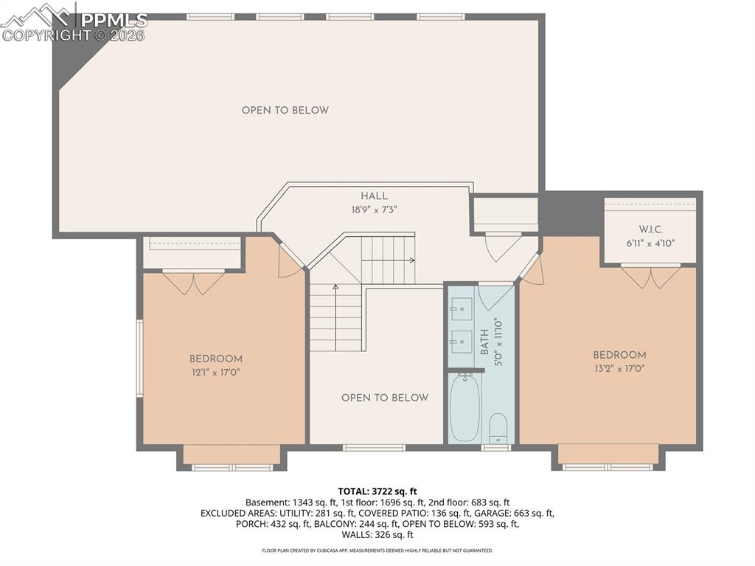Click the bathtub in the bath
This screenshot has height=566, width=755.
click(x=465, y=408)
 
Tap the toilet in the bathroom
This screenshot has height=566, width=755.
click(x=498, y=427)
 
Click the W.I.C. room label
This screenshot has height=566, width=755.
click(x=650, y=229)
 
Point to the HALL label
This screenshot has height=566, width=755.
click(x=374, y=196)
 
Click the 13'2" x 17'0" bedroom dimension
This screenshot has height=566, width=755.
click(x=619, y=368)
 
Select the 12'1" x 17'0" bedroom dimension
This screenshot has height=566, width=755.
click(x=215, y=373)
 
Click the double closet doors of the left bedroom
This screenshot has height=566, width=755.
click(x=193, y=282)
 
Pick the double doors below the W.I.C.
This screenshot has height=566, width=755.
click(x=650, y=276)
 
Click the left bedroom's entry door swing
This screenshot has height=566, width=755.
click(x=290, y=262)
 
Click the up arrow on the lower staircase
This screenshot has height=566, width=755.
click(x=335, y=287)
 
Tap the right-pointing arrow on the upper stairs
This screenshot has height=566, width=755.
click(x=411, y=260)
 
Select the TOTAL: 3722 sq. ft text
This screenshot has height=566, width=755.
click(x=377, y=491)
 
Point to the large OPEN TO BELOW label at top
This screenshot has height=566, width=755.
click(x=285, y=111)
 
